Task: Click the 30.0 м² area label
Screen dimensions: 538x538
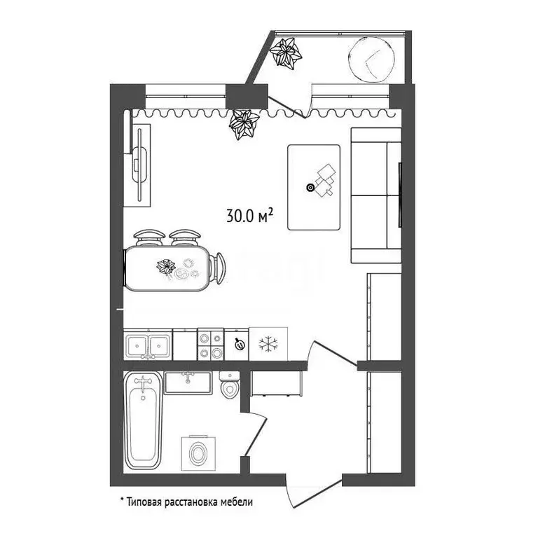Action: tap(249, 216)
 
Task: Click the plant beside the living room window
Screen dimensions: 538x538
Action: tap(245, 124)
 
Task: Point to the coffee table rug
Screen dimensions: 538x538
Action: tap(314, 186)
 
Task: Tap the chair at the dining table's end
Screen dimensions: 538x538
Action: tap(219, 268)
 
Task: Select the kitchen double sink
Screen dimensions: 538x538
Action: tap(148, 345)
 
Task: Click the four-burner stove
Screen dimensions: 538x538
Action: tap(209, 344)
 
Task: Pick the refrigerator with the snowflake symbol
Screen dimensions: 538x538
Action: tap(269, 344)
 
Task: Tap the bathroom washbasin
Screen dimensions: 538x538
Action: tap(188, 382)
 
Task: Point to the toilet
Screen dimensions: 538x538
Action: tap(229, 386)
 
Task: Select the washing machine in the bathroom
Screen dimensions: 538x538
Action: tap(198, 453)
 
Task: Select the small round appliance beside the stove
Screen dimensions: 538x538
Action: tap(238, 344)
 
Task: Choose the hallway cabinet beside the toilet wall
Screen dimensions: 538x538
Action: tap(277, 384)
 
